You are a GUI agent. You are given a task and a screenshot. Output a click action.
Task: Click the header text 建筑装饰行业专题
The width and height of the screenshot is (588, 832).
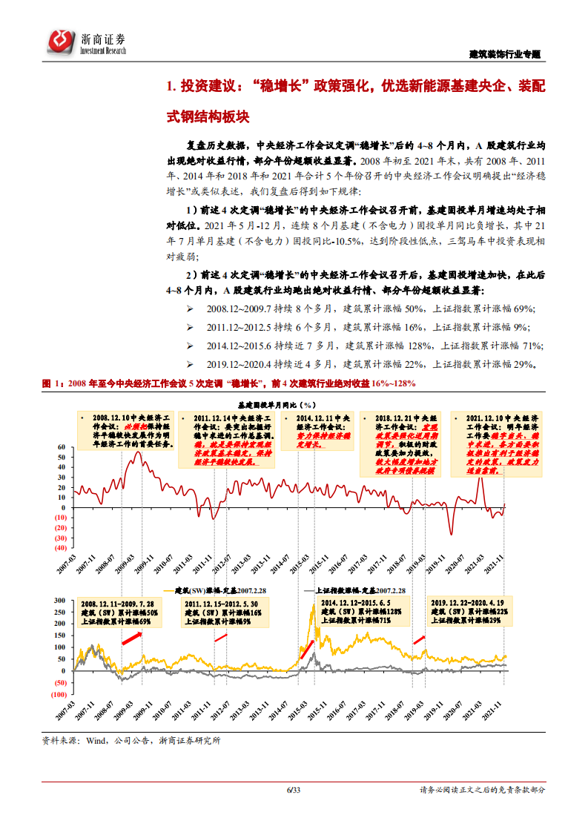coord(505,54)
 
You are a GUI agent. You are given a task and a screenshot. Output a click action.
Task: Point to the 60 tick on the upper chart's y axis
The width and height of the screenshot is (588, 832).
coord(62,447)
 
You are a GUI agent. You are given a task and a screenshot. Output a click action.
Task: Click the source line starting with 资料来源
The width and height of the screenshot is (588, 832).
coord(132,739)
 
